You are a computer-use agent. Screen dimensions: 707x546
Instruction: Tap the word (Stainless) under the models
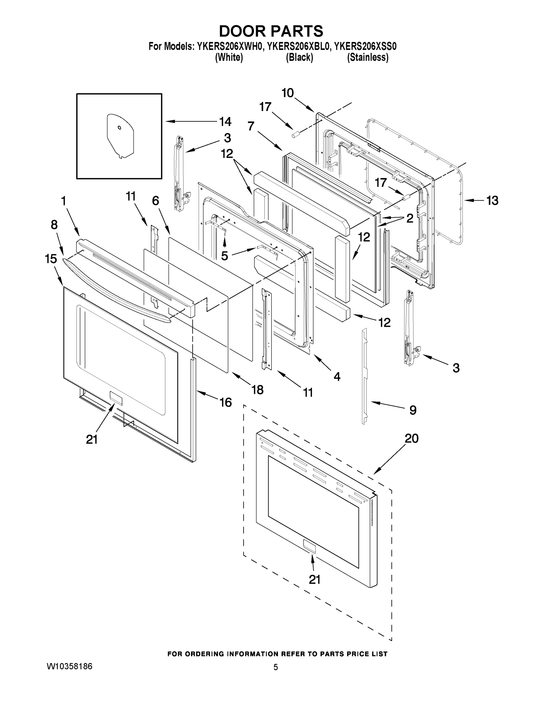click(x=367, y=58)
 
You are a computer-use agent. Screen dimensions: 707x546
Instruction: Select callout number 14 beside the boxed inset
click(x=225, y=122)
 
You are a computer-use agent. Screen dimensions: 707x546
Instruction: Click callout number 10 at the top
click(x=287, y=93)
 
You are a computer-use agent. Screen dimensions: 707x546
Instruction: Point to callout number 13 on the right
click(x=492, y=201)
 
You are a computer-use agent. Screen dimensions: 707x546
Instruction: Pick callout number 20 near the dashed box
click(x=411, y=439)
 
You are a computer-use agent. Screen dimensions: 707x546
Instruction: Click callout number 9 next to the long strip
click(x=413, y=410)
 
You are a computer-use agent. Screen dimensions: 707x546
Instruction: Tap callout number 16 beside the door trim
click(x=225, y=402)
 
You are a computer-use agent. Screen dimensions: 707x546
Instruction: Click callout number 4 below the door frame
click(x=337, y=376)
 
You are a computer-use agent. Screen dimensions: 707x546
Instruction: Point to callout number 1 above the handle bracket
click(x=63, y=201)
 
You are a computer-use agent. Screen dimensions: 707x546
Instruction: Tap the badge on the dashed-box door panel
click(x=308, y=546)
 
